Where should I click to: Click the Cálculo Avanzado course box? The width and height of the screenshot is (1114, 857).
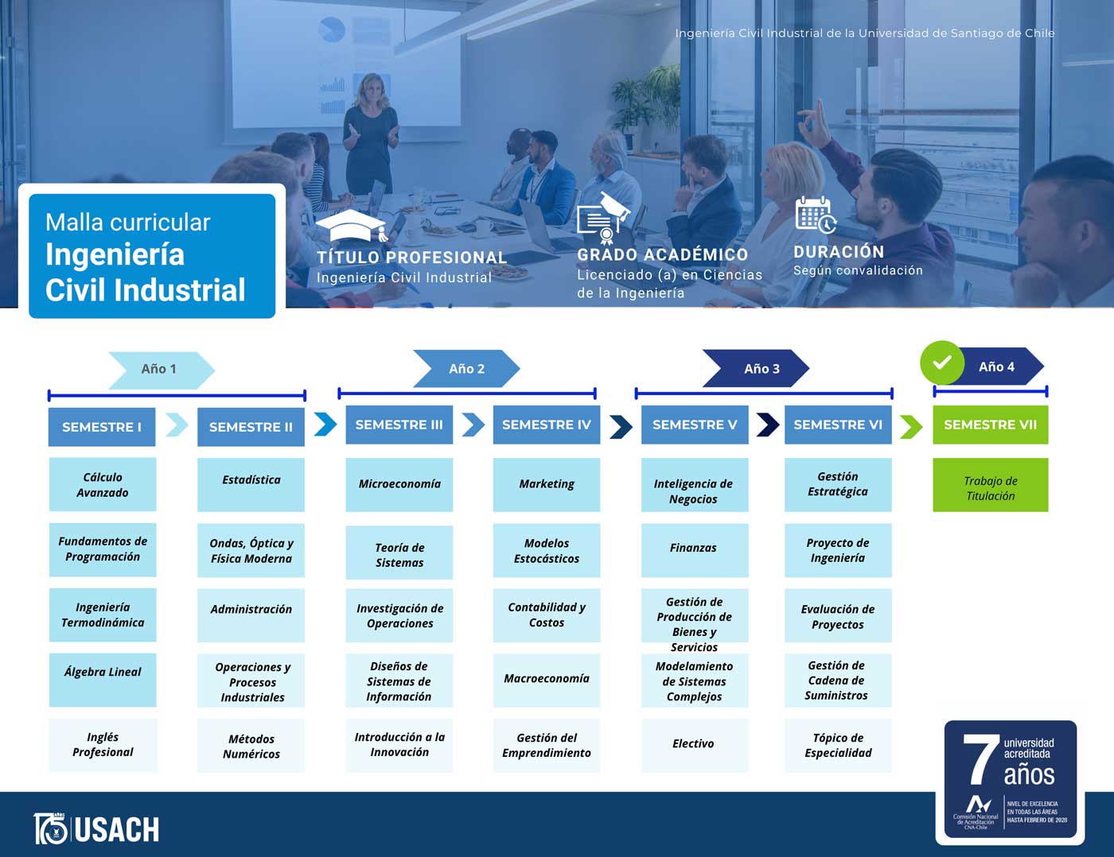(x=103, y=484)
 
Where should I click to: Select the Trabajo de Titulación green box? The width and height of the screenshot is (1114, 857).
(x=990, y=485)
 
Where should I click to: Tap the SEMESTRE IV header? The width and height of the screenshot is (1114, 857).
(x=546, y=425)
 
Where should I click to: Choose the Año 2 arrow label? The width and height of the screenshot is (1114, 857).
(x=466, y=369)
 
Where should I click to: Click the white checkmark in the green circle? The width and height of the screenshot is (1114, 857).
(x=942, y=363)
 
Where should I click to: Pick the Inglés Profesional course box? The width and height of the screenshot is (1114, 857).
(x=103, y=745)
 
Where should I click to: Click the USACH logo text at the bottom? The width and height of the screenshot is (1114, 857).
(x=116, y=830)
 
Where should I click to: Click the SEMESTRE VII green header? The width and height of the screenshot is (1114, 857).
(x=990, y=425)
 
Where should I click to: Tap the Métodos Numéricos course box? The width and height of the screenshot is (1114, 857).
(x=251, y=746)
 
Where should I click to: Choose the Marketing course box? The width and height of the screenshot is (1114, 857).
(x=546, y=484)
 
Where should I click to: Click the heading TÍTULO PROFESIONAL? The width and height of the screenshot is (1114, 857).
(x=411, y=258)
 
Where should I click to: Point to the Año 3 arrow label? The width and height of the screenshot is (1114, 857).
(x=761, y=369)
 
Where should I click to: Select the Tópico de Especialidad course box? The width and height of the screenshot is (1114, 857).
(x=838, y=746)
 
